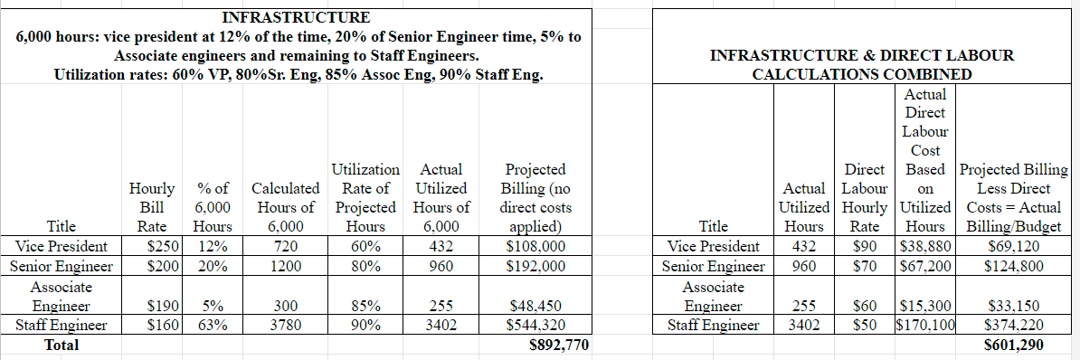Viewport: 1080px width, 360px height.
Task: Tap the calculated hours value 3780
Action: [286, 326]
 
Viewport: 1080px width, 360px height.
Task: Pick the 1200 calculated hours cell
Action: [286, 266]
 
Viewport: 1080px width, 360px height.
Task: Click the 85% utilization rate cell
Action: [365, 306]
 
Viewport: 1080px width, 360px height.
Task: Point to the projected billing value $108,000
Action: [536, 246]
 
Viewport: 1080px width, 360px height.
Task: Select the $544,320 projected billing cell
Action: [536, 326]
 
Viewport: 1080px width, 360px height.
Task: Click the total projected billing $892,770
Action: [559, 345]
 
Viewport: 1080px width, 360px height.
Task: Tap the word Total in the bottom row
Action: [62, 345]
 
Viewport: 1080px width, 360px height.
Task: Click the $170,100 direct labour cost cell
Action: [925, 326]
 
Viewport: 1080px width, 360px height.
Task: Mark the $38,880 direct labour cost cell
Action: [925, 246]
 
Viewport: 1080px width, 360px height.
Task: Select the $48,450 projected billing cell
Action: [536, 306]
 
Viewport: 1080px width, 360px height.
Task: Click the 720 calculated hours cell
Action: [286, 246]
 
